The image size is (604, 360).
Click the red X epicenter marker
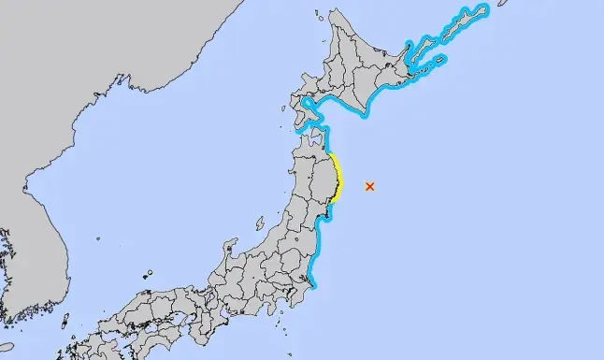[370, 186]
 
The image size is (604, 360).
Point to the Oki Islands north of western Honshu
[149, 275]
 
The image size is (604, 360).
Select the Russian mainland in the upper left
[93, 75]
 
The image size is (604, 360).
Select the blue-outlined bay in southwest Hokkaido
[315, 105]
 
